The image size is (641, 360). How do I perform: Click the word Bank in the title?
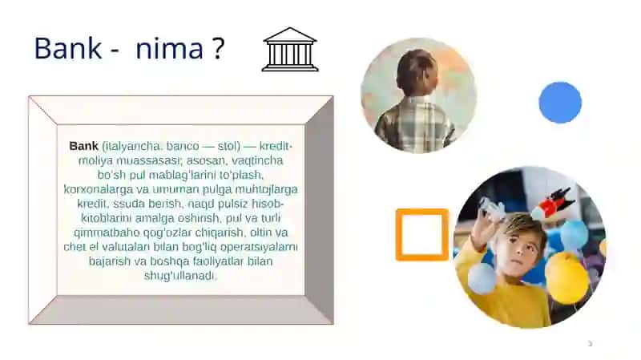[x=68, y=48]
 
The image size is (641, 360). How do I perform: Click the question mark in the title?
[x=219, y=48]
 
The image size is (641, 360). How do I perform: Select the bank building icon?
[x=290, y=50]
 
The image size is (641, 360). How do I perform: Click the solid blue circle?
[x=560, y=103]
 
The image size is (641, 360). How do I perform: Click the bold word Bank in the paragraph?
[x=84, y=146]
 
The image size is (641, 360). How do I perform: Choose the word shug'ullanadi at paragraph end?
[x=179, y=276]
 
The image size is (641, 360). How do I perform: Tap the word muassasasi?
[x=149, y=160]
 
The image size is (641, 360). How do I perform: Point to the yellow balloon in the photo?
[x=566, y=277]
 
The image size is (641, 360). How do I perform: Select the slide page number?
[x=590, y=344]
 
